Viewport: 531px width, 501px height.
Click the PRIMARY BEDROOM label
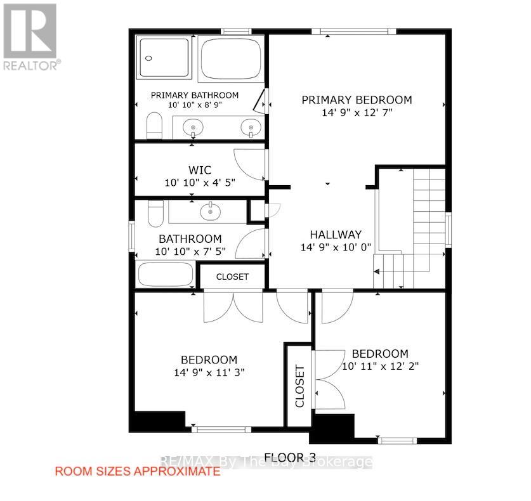(357, 100)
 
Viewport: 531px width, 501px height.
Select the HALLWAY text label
(336, 234)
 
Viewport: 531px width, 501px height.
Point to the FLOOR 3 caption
(285, 457)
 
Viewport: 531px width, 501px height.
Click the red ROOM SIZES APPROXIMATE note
(138, 471)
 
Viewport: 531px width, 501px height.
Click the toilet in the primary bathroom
(155, 126)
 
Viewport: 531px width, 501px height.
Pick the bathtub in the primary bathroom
(230, 58)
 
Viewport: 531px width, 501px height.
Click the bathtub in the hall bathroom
(166, 275)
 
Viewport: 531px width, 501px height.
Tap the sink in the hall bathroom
(208, 211)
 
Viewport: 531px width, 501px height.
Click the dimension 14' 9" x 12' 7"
(357, 113)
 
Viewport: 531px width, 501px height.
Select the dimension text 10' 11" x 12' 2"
(381, 366)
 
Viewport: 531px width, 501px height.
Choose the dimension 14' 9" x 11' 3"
(209, 372)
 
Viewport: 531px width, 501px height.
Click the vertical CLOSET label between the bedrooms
(299, 386)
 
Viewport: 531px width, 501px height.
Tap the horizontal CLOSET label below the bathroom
(232, 277)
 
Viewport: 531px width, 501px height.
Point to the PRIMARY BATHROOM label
(195, 95)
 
